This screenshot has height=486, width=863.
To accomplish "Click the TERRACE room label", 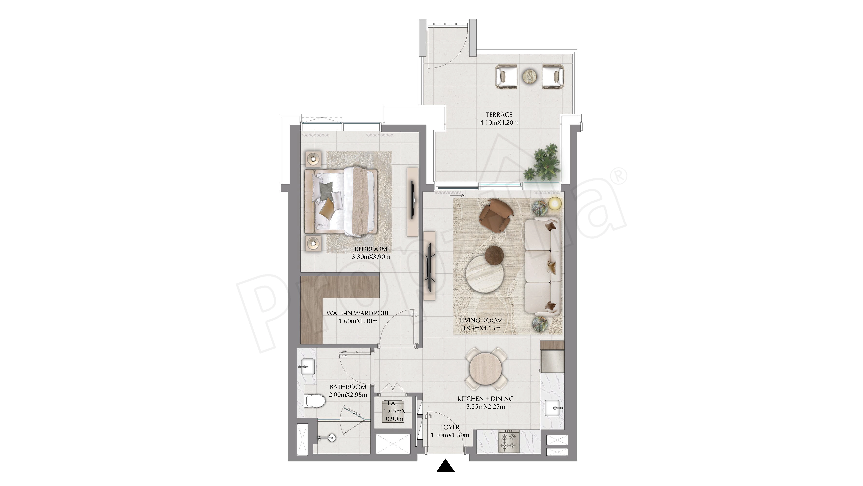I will pos(499,115).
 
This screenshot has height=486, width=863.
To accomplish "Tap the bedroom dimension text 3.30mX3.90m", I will pos(371,257).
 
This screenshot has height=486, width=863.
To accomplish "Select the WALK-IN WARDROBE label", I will pos(358,313).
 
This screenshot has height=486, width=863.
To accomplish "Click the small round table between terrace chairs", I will pos(529,76).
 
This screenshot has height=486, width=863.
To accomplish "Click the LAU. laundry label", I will pos(394,403).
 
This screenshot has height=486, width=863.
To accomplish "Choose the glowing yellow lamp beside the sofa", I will pos(555,204).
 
